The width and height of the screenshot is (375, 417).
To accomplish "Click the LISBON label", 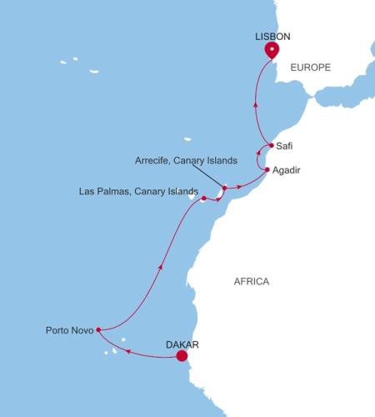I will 271,37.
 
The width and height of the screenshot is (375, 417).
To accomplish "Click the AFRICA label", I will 251,282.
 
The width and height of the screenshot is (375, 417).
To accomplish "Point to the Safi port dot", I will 272,145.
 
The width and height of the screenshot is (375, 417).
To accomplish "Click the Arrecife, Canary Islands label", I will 186,159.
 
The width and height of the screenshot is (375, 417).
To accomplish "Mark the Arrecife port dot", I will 224,188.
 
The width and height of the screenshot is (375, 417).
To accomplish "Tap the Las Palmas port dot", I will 203,198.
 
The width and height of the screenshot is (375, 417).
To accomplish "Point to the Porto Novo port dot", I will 98,329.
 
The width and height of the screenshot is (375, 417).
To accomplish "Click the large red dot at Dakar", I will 182,357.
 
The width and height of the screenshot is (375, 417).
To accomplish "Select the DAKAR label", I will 181,343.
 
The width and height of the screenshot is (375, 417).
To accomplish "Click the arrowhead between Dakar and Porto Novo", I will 129,351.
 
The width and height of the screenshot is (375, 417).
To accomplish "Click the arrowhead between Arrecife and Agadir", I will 241,184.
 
